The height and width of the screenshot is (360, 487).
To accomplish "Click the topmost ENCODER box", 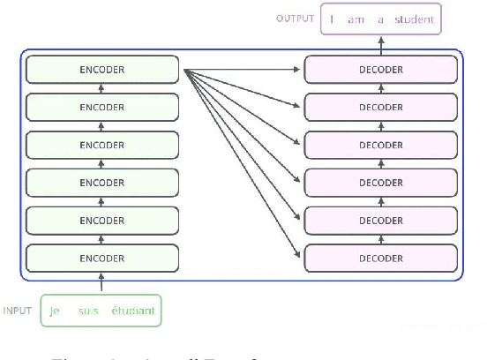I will [102, 69].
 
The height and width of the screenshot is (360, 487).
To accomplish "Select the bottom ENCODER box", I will [102, 258].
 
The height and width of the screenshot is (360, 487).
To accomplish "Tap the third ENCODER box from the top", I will [102, 145].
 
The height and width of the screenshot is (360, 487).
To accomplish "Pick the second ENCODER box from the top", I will [102, 107].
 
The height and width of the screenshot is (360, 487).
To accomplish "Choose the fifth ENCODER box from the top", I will [102, 221].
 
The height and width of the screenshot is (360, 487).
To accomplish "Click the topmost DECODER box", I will [380, 69].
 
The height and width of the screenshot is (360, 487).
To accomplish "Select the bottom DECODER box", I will [380, 258].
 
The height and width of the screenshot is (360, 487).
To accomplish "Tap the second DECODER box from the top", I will [380, 107].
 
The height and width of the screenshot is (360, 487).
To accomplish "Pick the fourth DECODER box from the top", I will [380, 183].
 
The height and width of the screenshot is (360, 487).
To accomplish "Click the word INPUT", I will [18, 311].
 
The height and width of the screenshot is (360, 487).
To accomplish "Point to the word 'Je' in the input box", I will [56, 311].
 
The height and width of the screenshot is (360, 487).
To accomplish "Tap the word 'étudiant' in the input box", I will [132, 311].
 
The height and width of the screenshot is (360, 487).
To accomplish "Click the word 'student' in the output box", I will [411, 19].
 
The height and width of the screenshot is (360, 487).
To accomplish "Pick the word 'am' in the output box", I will [356, 19].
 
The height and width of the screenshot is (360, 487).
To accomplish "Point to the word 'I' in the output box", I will [332, 19].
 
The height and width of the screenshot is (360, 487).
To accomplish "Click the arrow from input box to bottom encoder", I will [102, 283].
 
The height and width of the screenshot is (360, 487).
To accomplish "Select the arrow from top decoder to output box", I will [381, 43].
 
